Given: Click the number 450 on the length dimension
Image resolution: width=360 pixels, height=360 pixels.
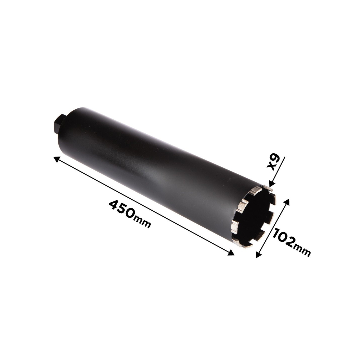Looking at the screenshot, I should (121, 209).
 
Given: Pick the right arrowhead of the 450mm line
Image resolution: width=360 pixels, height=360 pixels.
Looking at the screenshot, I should (231, 253).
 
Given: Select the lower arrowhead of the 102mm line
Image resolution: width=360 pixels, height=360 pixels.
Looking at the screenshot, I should (258, 255).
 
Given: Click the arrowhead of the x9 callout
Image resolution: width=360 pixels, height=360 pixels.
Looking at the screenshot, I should (271, 184).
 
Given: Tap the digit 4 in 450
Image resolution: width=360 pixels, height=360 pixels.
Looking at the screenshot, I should (113, 204).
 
